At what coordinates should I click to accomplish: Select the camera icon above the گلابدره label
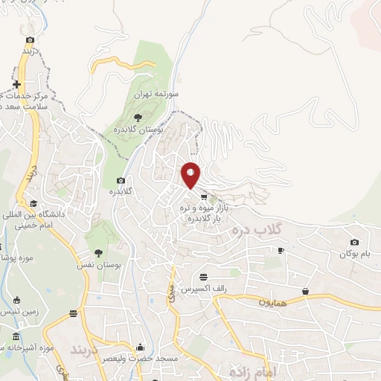pos(121,180)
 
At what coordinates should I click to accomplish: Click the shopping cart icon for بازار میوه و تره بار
pos(204,196)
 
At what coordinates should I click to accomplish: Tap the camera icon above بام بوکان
pos(353,242)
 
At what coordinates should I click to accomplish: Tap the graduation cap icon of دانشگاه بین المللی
pos(33,203)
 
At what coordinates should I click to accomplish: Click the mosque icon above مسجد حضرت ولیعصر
pos(141,348)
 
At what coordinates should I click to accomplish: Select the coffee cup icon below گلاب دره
pos(281,251)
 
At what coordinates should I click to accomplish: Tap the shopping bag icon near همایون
pos(306,291)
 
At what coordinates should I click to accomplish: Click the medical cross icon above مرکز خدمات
pos(16,84)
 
